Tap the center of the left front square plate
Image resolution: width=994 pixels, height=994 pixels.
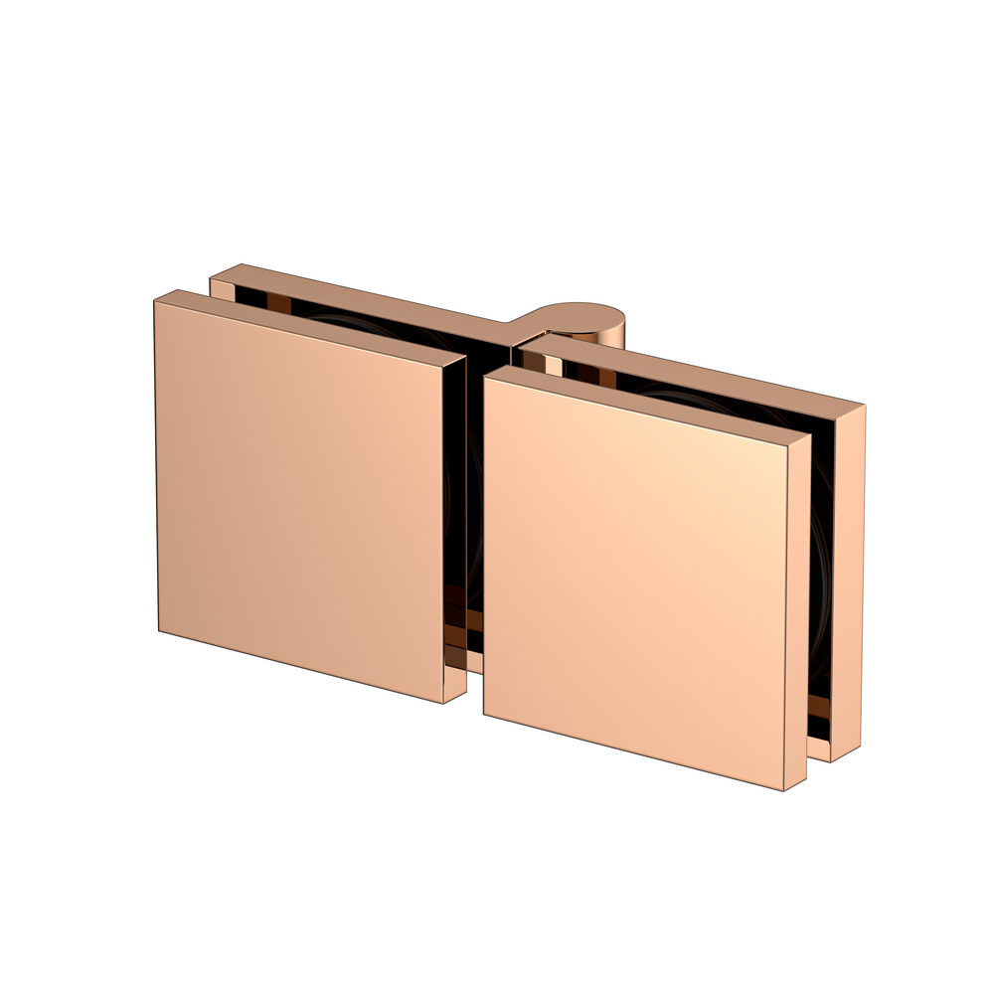tap(298, 497)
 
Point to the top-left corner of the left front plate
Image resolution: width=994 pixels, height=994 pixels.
tap(154, 301)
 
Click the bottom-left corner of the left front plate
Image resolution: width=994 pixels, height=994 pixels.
tap(159, 630)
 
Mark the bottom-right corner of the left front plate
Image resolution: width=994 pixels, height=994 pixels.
tap(442, 704)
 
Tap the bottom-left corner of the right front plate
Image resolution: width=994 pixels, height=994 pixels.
tap(484, 714)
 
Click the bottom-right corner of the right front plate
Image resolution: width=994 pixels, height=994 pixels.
tap(783, 791)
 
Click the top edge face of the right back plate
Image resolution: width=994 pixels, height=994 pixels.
tap(696, 372)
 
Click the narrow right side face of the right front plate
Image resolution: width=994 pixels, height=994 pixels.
tap(796, 616)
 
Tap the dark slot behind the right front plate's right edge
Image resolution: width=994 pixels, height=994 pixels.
tap(820, 596)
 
